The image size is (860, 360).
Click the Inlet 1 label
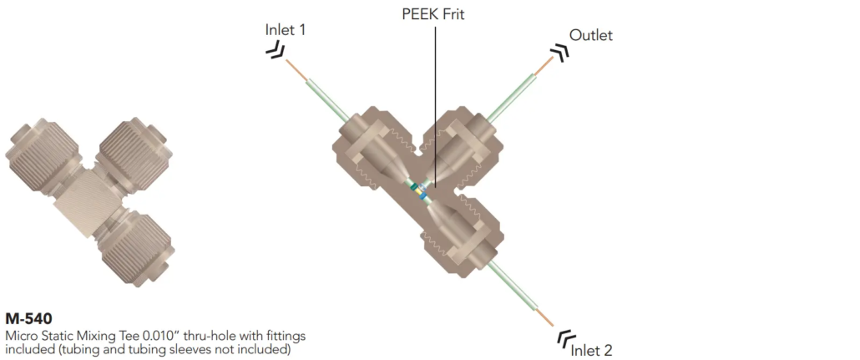[286, 29]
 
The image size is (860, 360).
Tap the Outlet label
[590, 35]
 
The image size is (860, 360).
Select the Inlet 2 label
[592, 350]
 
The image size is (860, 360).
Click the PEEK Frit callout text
[433, 14]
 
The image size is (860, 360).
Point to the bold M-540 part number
[28, 318]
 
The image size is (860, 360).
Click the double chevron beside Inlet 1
[276, 52]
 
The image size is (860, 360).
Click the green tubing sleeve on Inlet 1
[327, 100]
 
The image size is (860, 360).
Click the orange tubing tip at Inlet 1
[296, 69]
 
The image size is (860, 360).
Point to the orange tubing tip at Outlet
[544, 65]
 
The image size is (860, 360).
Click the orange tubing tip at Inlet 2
[545, 318]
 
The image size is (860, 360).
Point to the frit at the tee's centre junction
[421, 190]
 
